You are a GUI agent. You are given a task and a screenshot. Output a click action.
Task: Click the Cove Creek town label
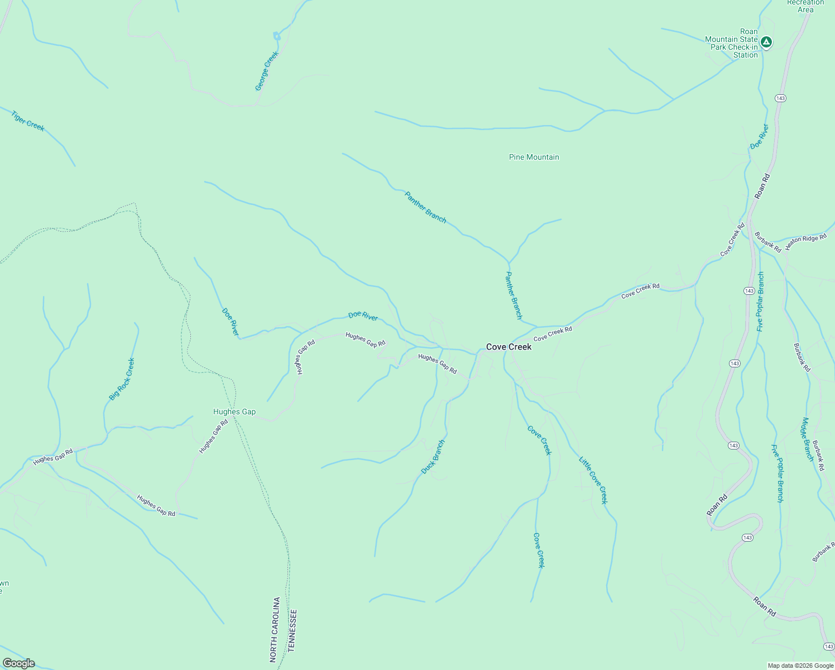[508, 347]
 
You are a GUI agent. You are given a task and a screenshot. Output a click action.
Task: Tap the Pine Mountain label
[534, 157]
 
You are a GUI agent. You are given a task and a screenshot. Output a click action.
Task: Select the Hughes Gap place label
[234, 411]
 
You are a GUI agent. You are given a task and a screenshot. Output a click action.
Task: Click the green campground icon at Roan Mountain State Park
[767, 42]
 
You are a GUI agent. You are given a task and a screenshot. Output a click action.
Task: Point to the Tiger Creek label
[28, 121]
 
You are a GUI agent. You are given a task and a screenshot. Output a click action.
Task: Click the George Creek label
[266, 71]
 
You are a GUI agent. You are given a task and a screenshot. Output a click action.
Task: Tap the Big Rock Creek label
[122, 379]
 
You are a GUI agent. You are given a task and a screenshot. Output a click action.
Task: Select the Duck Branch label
[433, 457]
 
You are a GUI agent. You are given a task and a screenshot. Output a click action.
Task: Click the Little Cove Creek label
[592, 480]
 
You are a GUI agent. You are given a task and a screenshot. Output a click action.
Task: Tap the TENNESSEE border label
[291, 631]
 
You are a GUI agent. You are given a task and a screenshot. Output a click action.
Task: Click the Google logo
[18, 663]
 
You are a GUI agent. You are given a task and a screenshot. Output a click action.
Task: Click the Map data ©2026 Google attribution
[800, 666]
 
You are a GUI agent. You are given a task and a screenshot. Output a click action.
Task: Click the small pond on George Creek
[276, 37]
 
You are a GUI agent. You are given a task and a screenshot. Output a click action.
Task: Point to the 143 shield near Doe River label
[780, 98]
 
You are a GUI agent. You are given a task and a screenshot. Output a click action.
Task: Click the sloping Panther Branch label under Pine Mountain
[425, 207]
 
